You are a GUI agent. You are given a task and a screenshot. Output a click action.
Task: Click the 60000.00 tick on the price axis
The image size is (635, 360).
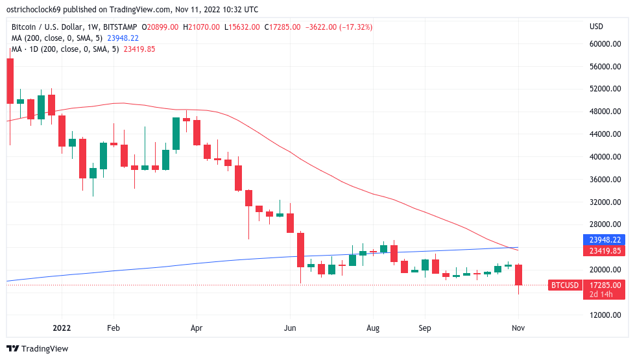tap(605, 44)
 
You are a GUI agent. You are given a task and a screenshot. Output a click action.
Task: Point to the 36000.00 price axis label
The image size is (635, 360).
tap(605, 180)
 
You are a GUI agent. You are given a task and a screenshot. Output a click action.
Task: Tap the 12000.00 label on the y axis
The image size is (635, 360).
tap(605, 315)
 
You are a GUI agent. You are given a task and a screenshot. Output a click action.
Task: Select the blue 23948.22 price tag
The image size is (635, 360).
tap(605, 239)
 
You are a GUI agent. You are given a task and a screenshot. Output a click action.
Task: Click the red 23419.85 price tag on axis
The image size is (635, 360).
tap(605, 250)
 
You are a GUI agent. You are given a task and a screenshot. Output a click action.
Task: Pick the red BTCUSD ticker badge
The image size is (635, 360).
tap(564, 285)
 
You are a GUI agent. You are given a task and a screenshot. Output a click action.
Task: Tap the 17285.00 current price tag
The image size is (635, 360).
tap(605, 285)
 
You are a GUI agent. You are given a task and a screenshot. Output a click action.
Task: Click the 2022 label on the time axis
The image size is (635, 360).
tap(62, 328)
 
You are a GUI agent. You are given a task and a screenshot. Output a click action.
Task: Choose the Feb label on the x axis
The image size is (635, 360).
tap(114, 328)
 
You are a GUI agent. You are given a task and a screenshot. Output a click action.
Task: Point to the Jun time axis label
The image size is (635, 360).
tap(290, 328)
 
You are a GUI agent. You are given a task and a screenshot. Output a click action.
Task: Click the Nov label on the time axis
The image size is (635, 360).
tap(518, 328)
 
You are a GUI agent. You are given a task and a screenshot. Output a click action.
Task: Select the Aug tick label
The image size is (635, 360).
tap(373, 328)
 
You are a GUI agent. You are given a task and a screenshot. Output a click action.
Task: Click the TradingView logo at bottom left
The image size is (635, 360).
tap(38, 348)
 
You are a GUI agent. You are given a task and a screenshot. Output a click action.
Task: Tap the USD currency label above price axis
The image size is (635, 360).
tap(595, 27)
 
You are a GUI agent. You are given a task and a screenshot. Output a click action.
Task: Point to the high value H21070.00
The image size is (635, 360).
tap(203, 27)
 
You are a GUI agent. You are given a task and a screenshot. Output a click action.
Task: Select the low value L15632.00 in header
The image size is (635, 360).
tap(243, 27)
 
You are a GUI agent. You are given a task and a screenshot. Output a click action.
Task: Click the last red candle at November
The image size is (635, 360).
tap(518, 275)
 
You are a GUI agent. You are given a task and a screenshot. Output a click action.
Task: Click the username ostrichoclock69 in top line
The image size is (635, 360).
tap(38, 10)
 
